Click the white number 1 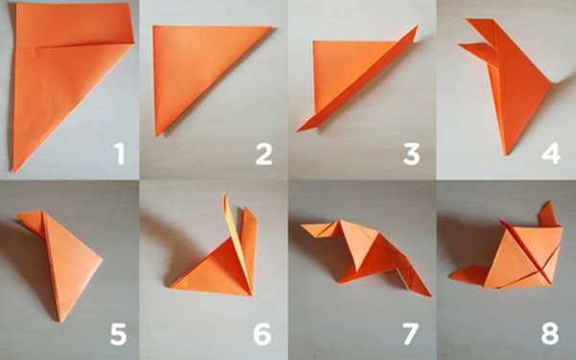119,154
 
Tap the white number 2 264,154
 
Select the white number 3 412,154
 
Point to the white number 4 551,153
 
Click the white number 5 118,334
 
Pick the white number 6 262,334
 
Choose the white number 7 410,334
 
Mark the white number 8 550,334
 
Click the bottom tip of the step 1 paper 13,171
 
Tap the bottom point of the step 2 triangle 157,136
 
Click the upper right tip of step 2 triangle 274,28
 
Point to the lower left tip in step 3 298,130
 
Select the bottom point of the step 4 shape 507,155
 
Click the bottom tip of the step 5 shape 60,322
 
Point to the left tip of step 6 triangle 170,287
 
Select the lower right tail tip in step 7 430,295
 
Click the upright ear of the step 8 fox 549,214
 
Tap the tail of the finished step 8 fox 468,276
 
